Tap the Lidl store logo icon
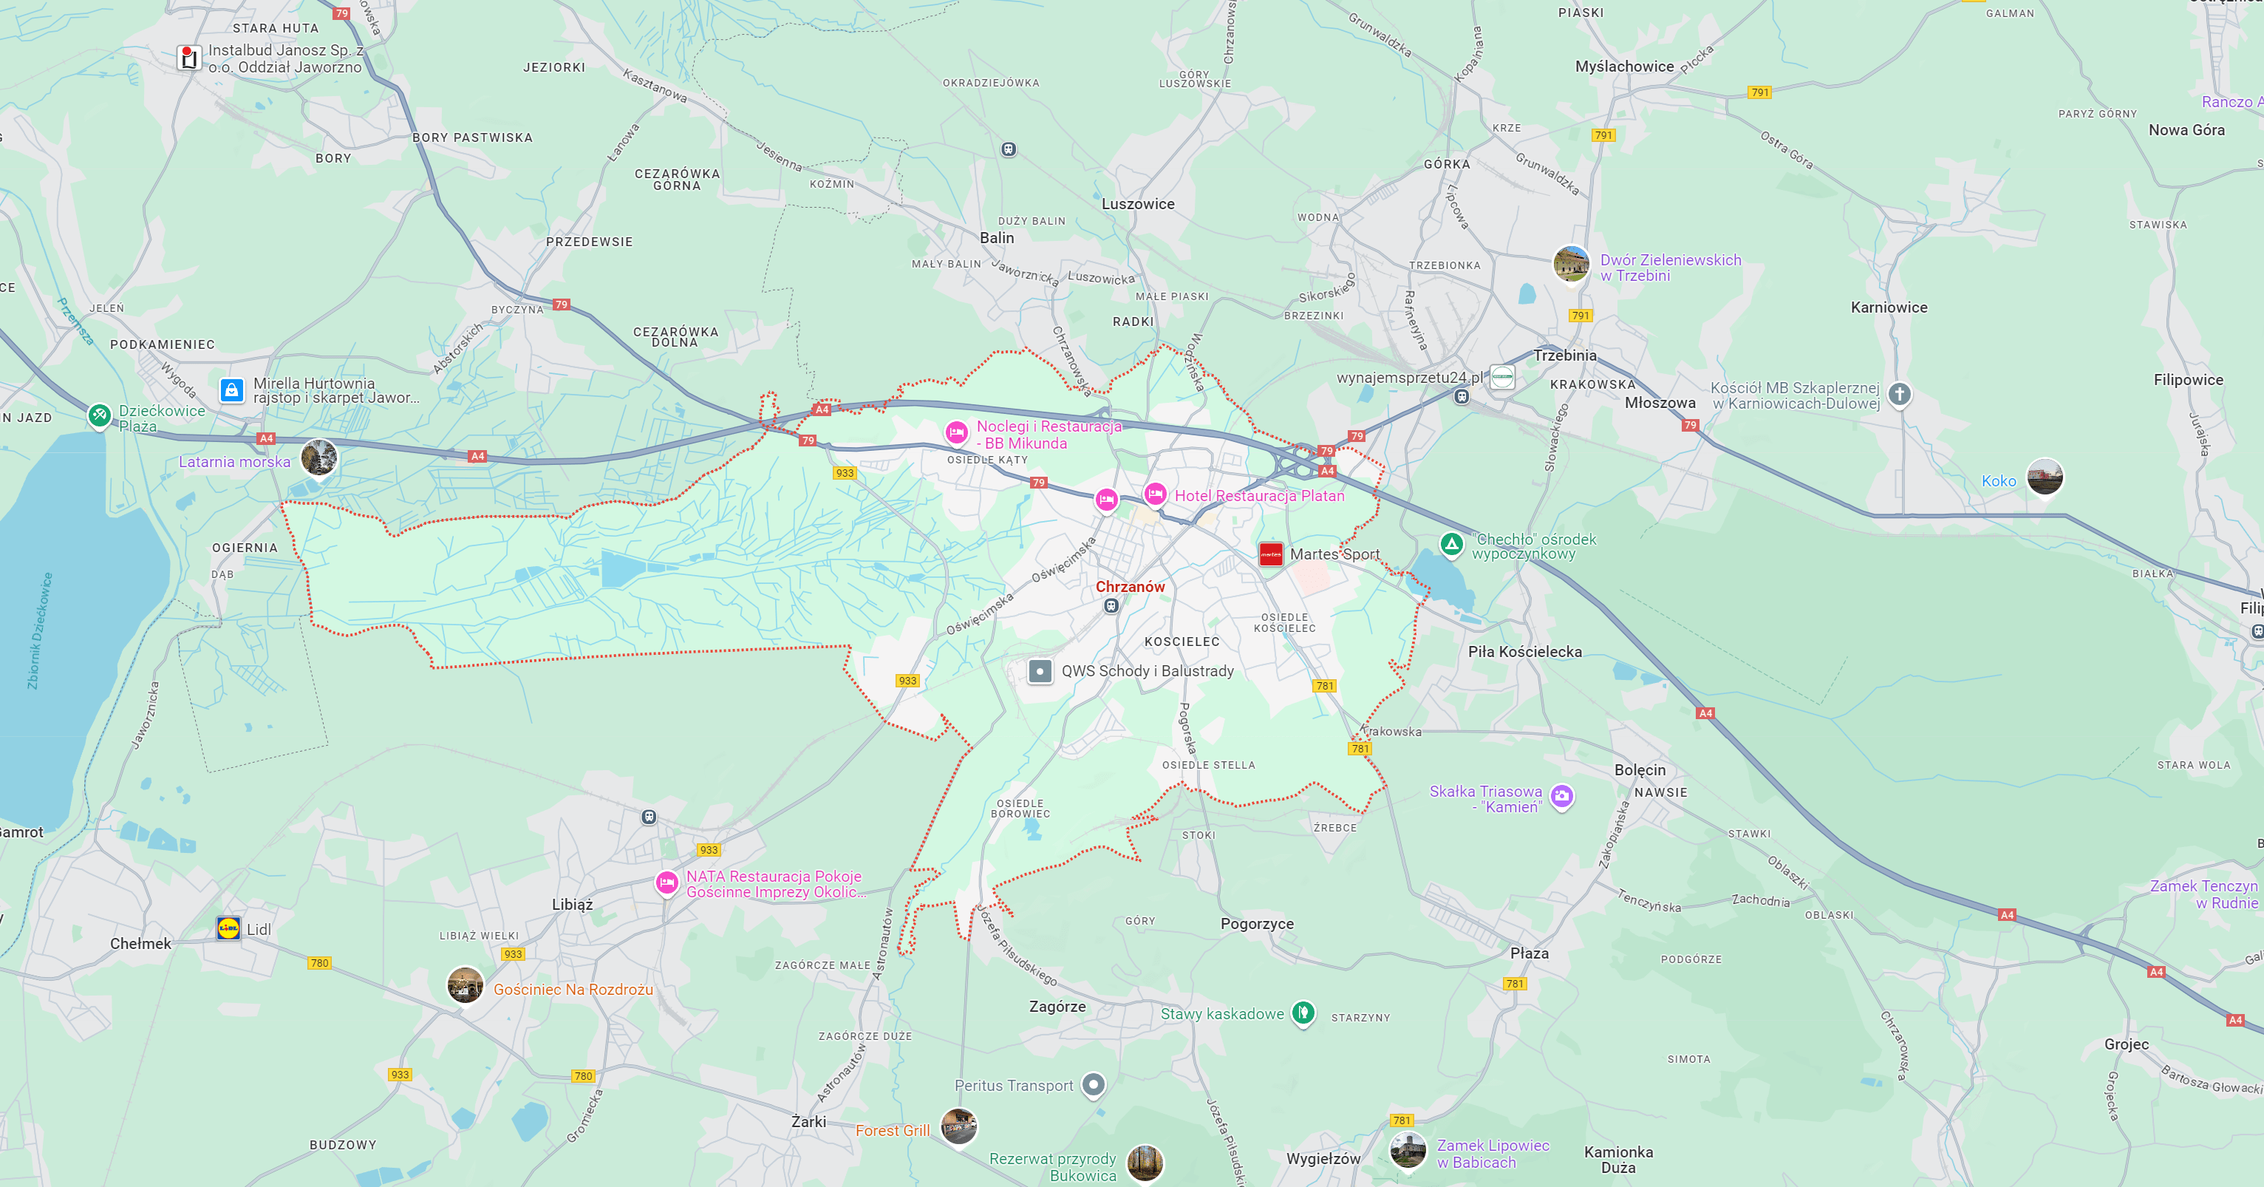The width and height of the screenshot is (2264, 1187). (x=228, y=928)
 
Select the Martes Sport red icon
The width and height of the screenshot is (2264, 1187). (x=1271, y=554)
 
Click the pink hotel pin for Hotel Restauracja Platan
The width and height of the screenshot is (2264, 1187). (x=1155, y=494)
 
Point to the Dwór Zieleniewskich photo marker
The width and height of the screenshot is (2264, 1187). (x=1571, y=263)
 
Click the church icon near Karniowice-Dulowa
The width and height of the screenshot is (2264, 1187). (x=1899, y=394)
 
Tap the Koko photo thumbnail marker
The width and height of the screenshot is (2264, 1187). (x=2045, y=477)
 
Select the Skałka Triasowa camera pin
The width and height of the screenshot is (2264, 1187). (x=1561, y=796)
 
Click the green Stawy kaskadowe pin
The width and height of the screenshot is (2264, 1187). (x=1303, y=1012)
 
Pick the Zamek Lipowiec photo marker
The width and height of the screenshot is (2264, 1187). (x=1407, y=1149)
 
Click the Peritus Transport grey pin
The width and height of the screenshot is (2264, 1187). (x=1092, y=1084)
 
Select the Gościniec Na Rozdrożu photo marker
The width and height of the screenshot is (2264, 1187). (x=465, y=984)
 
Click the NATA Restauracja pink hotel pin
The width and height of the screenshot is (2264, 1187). (x=667, y=882)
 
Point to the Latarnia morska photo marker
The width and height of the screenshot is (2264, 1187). (x=318, y=458)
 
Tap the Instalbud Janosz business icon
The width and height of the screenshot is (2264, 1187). (x=188, y=58)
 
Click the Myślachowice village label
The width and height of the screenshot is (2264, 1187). (x=1624, y=66)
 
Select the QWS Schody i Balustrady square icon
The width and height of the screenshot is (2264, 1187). (x=1040, y=671)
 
